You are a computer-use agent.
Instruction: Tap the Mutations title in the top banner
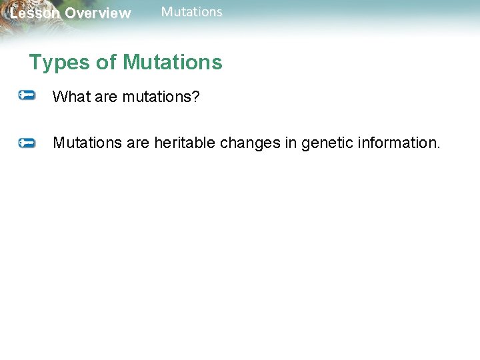coord(192,12)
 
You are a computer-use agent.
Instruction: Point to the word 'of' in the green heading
coord(107,63)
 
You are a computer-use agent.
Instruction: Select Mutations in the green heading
coord(173,63)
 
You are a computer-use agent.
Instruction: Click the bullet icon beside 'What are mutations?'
coord(27,97)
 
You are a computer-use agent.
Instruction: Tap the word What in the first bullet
coord(69,97)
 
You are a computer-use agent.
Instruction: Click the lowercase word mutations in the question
coord(155,97)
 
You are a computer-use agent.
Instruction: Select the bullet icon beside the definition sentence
coord(27,143)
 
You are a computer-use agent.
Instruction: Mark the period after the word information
coord(438,147)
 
